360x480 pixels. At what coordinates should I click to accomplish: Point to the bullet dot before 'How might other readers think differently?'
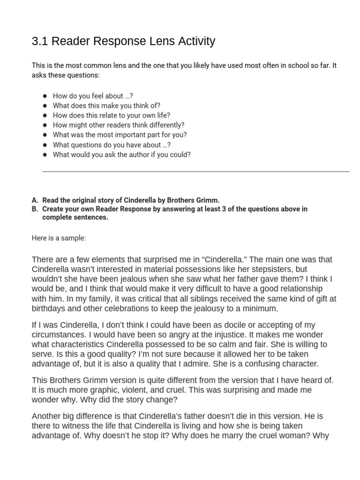45,125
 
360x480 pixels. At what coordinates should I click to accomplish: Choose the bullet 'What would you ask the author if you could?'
121,154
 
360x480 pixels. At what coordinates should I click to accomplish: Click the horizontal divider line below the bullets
195,172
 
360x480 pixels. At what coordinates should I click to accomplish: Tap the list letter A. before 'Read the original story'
35,200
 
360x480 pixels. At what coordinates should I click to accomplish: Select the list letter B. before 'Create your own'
35,209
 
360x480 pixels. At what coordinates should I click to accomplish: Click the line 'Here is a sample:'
59,238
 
